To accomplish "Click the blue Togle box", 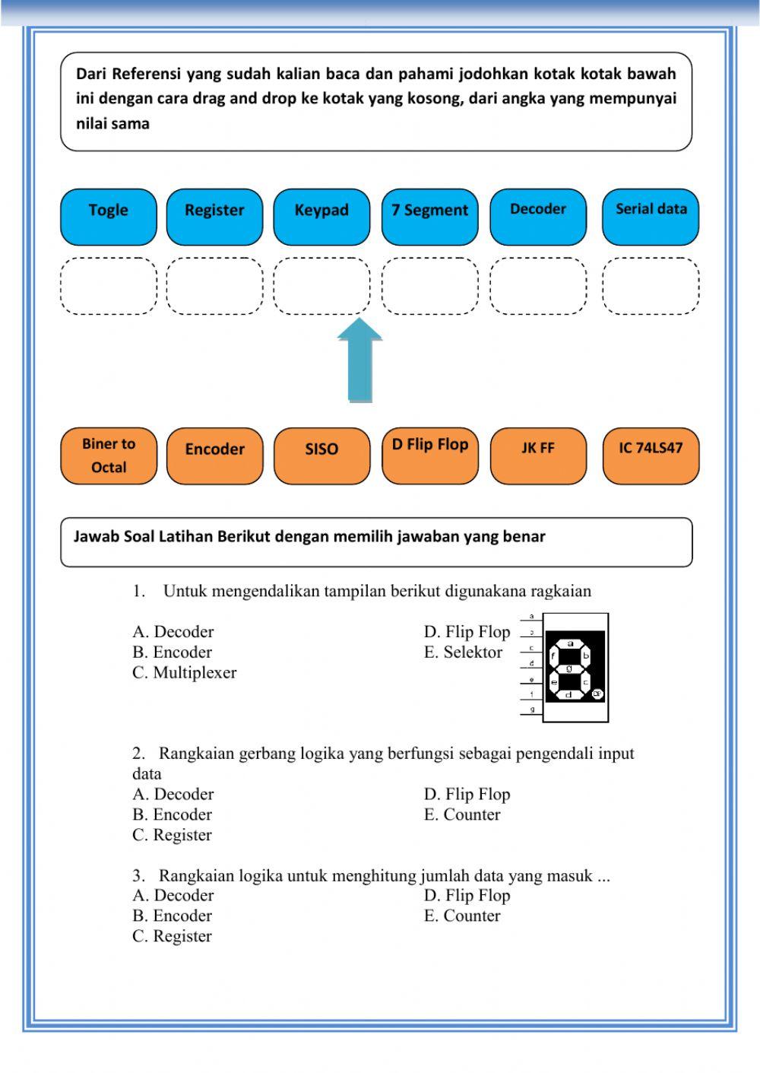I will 109,217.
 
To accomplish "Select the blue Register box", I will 214,217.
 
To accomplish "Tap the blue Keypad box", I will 321,217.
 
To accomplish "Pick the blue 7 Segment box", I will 429,217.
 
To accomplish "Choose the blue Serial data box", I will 651,217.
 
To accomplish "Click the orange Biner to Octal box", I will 109,456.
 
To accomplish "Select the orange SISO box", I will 321,456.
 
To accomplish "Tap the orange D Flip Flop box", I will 429,456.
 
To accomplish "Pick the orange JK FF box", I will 538,456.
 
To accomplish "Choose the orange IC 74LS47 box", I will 651,456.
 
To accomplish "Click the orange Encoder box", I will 214,456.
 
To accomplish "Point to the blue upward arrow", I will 359,360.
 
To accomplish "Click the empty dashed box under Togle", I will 109,286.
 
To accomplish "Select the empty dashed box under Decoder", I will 538,286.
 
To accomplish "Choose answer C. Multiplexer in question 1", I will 185,672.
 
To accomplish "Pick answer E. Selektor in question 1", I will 464,652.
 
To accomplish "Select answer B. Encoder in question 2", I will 173,814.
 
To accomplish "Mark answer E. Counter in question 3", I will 462,916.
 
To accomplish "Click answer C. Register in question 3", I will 173,936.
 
